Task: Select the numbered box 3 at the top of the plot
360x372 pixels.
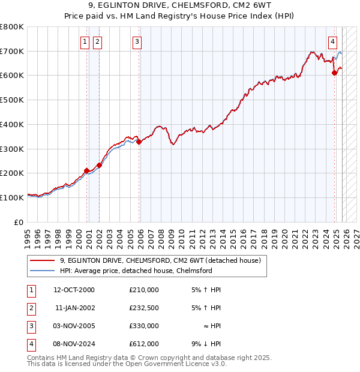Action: pyautogui.click(x=137, y=41)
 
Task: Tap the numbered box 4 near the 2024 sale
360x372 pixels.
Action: pyautogui.click(x=332, y=41)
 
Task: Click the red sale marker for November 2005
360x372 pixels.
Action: pyautogui.click(x=139, y=142)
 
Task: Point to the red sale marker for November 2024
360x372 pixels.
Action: pyautogui.click(x=335, y=73)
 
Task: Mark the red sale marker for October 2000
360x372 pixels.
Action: pyautogui.click(x=86, y=170)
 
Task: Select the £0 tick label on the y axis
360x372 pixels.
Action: pyautogui.click(x=19, y=222)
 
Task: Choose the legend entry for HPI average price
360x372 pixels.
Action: pyautogui.click(x=136, y=271)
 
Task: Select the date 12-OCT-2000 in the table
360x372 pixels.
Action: pyautogui.click(x=74, y=290)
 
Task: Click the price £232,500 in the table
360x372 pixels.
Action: pyautogui.click(x=144, y=308)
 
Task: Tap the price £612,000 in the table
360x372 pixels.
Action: pyautogui.click(x=144, y=344)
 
